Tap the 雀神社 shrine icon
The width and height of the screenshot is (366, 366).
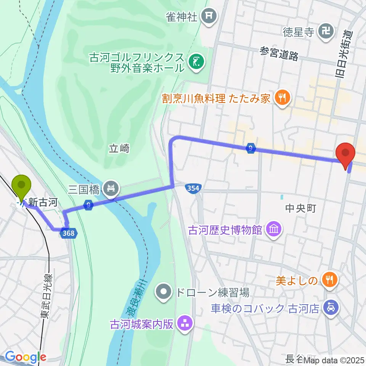[x=209, y=16]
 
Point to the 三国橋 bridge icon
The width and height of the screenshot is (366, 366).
[x=111, y=188]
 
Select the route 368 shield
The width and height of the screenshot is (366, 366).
[x=69, y=233]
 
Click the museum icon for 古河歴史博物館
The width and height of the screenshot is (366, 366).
[x=274, y=230]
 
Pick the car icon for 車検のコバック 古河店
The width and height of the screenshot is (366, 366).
[x=329, y=307]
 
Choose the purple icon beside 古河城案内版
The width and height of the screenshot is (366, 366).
[x=185, y=324]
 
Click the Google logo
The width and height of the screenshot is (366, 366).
[x=25, y=357]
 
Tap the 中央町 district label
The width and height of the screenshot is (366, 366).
[x=301, y=208]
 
